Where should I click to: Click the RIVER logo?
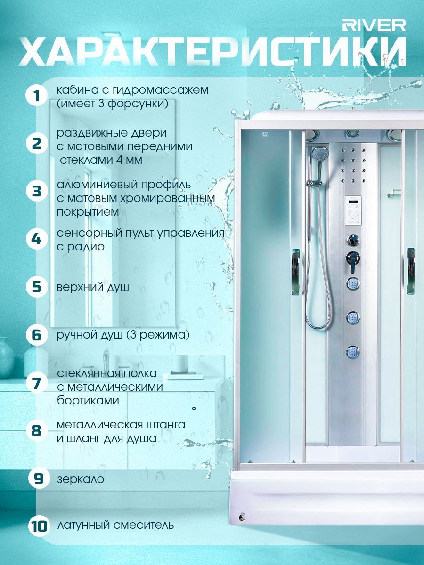coord(374,25)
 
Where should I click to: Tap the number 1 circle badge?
coord(36,96)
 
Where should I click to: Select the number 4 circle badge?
coord(36,239)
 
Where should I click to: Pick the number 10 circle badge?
coord(38,525)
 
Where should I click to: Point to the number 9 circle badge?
coord(38,479)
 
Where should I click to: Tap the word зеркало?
coord(81,479)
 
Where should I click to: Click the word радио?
coord(80,247)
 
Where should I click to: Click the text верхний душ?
coord(93,288)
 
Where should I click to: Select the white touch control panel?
coord(353,210)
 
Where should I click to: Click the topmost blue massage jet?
coord(353,284)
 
